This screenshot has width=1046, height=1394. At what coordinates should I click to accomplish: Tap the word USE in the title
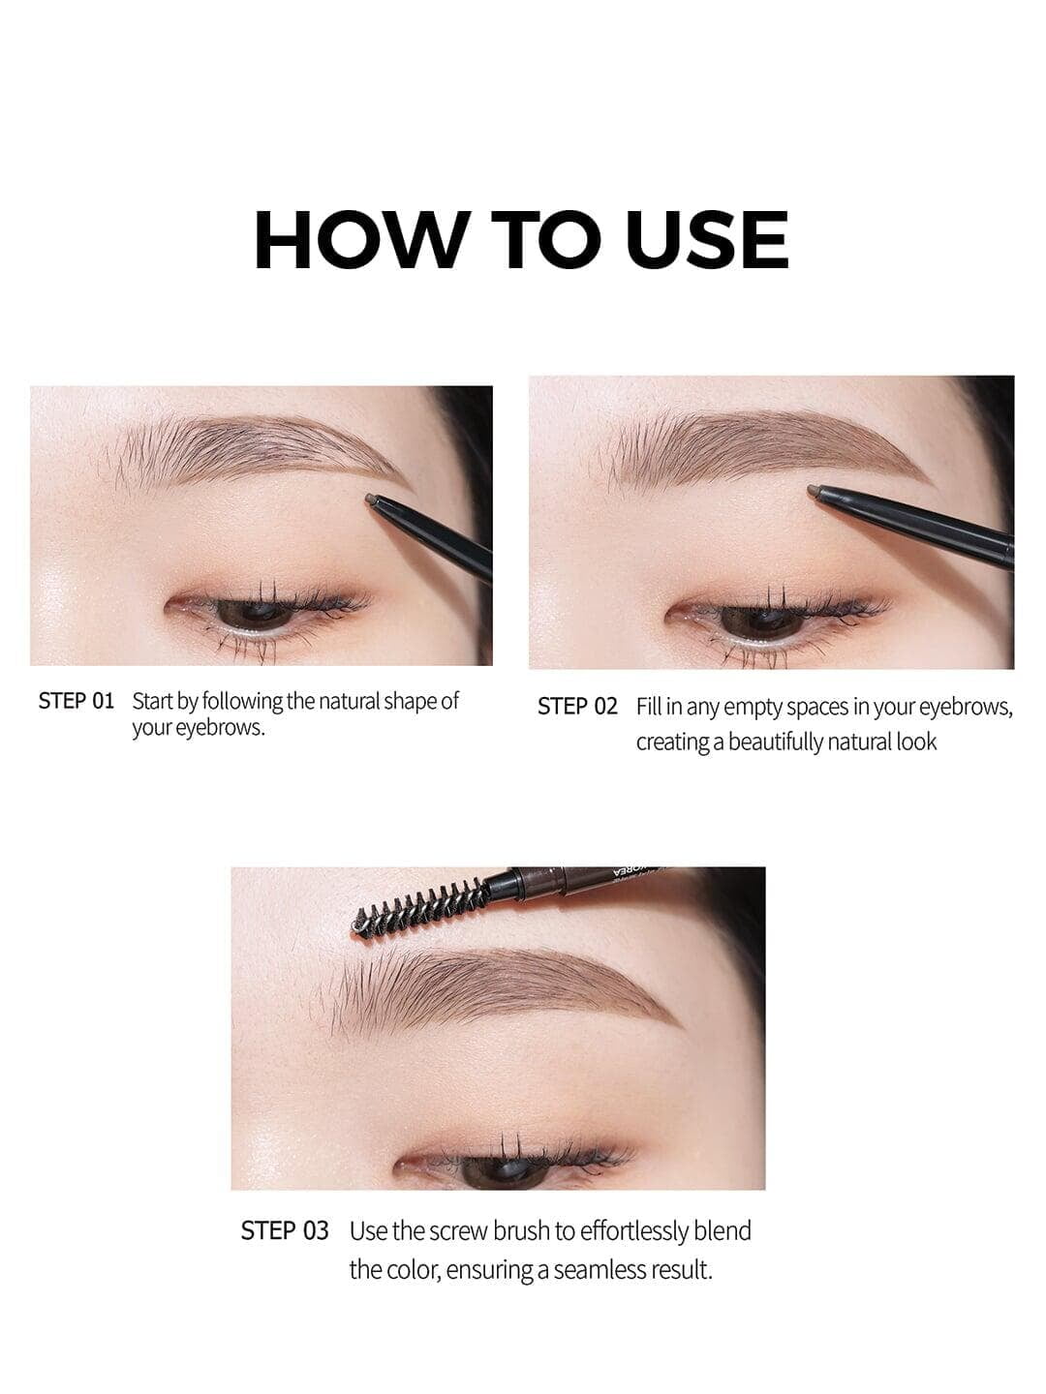(707, 240)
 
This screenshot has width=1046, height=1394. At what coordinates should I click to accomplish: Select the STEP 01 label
(77, 701)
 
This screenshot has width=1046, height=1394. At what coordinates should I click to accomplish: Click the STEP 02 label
(577, 707)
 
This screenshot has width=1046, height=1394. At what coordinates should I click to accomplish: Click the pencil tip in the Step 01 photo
(371, 500)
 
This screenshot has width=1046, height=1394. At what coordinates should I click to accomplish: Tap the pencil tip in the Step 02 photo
(814, 490)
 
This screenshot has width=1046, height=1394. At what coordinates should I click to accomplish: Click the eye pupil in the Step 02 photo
(761, 620)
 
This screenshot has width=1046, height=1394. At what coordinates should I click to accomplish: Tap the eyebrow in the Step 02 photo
(762, 448)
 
